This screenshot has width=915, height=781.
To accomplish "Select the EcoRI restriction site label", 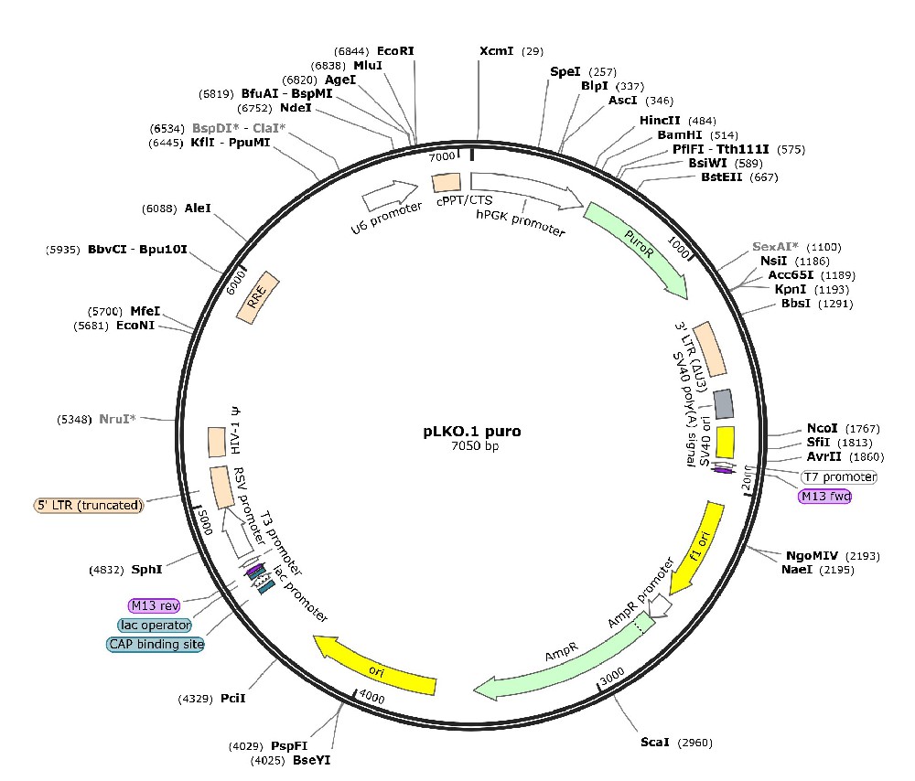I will pyautogui.click(x=395, y=51).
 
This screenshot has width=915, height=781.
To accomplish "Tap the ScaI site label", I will pyautogui.click(x=655, y=742).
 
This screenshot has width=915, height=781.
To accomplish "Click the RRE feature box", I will pyautogui.click(x=257, y=295).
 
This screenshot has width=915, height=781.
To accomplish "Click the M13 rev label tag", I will pyautogui.click(x=154, y=605).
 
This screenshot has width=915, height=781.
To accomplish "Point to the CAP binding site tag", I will pyautogui.click(x=156, y=644).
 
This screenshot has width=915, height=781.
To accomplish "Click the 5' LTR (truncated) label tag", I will pyautogui.click(x=90, y=505).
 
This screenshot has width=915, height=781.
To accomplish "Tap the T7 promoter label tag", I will pyautogui.click(x=838, y=477).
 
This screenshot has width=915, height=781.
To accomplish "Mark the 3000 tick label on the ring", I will pyautogui.click(x=612, y=675).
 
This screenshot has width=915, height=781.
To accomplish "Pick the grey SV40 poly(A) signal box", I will pyautogui.click(x=723, y=402).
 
